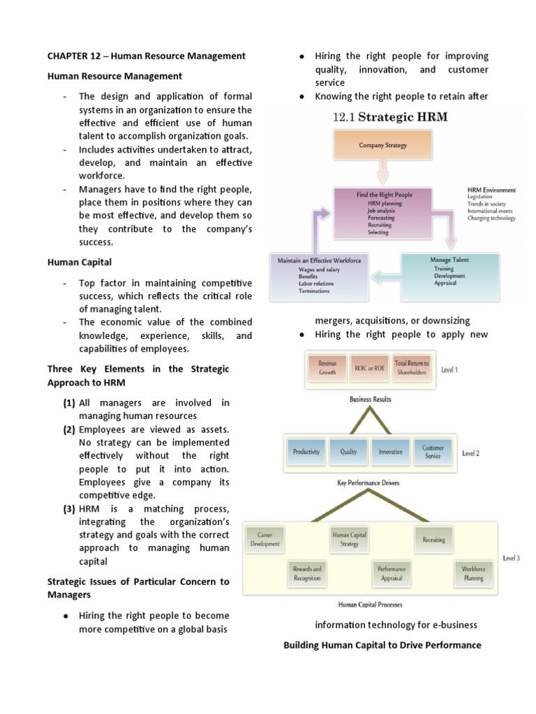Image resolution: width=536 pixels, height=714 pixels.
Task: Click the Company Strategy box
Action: coord(382,146)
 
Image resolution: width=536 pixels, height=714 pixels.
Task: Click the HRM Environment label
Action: coord(491,190)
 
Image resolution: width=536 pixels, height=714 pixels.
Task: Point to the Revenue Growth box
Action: coord(327,367)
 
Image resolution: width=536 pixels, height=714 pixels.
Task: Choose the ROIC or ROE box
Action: coord(369,367)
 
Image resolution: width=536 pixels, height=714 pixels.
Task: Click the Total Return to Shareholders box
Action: coord(412,367)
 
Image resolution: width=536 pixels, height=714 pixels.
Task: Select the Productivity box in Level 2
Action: coord(306,452)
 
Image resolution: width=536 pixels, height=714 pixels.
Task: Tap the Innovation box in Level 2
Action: coord(390,452)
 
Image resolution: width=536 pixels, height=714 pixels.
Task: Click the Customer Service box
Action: coord(433,452)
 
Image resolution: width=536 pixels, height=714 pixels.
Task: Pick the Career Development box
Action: coord(265,539)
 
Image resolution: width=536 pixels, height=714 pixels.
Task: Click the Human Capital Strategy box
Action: coord(348,539)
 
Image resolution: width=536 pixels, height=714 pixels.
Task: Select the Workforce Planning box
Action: coord(473,573)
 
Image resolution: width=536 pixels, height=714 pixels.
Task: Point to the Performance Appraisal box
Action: coord(390,573)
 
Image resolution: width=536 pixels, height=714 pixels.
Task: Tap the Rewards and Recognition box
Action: coord(307,573)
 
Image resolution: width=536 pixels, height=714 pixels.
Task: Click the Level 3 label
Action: coord(511,558)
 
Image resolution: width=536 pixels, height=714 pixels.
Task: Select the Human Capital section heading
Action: coord(80,262)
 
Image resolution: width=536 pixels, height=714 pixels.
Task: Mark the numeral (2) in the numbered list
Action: coord(68,430)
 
